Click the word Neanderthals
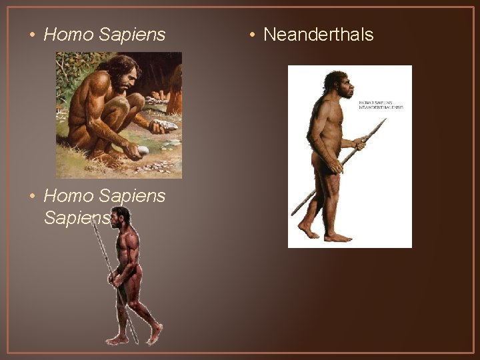(319, 35)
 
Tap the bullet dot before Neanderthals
(253, 35)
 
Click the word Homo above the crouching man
(67, 35)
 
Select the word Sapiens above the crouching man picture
(131, 35)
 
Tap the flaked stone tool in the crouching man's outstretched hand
(166, 125)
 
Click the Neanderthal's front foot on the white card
(338, 237)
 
